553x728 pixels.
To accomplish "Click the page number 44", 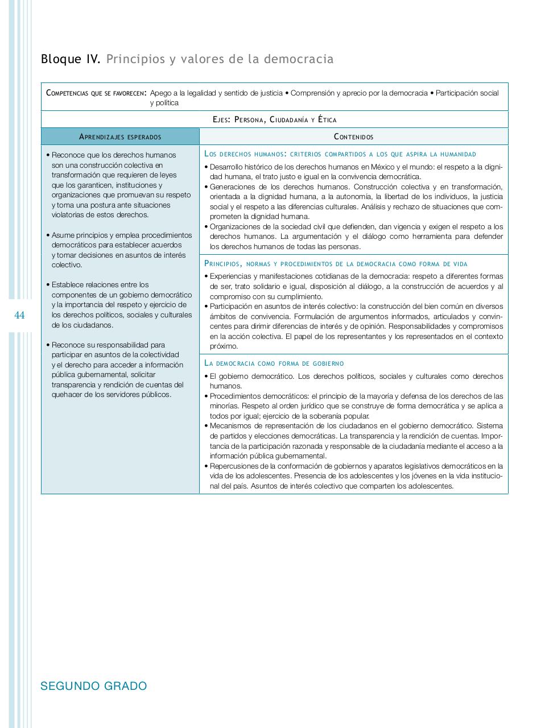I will coord(19,316).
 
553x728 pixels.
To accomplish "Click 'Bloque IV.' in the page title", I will coord(70,59).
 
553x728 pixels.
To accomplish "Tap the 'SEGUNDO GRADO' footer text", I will coord(93,686).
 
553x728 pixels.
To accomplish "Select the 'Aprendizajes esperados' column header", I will coord(120,136).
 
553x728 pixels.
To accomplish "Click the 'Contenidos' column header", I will coord(353,136).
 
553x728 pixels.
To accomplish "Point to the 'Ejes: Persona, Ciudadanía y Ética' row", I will coord(274,119).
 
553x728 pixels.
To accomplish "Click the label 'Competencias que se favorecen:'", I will coord(96,93).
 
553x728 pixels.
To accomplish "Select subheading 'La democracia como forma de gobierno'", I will coord(274,363).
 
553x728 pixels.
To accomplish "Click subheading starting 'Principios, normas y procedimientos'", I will coord(336,263).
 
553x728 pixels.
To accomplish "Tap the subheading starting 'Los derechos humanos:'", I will coord(340,154).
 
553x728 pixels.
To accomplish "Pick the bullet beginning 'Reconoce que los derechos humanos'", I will coord(120,185).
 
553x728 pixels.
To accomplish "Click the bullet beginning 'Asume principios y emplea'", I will coord(120,250).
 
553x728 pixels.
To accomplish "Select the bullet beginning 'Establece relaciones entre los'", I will coord(120,305).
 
